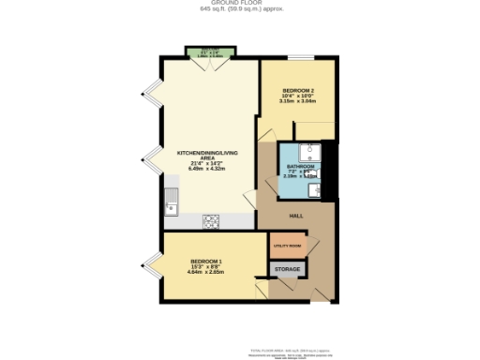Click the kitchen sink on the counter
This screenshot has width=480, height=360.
(x=172, y=199)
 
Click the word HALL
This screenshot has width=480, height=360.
(x=295, y=215)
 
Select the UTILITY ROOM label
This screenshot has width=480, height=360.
(x=287, y=246)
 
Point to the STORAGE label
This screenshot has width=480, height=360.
(x=288, y=270)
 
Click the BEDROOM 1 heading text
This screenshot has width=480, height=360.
(x=206, y=261)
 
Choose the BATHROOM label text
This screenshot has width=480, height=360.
(x=301, y=166)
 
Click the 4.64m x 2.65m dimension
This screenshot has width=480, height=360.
(x=206, y=272)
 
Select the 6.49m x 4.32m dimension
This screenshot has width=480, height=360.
(x=209, y=169)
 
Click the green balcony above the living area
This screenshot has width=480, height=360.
(x=209, y=52)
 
